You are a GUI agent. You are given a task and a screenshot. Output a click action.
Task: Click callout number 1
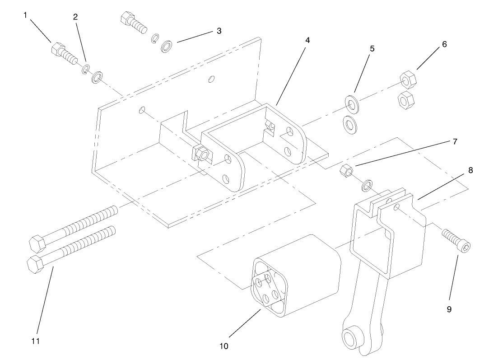coord(26,15)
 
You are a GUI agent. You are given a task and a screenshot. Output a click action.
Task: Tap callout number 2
coord(75,17)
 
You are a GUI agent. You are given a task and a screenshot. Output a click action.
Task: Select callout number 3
coord(219,31)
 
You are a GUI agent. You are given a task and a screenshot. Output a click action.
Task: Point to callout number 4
coord(307,40)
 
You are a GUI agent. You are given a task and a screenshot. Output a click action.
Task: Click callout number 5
coord(372,49)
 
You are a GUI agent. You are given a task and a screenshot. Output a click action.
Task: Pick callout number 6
coord(444,44)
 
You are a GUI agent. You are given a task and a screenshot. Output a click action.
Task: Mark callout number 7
coord(455,142)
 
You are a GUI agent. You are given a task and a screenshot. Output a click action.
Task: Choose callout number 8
coord(470,170)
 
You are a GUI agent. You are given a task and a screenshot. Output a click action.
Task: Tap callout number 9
coord(449,309)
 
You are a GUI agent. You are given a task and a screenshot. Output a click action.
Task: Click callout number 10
coord(224,346)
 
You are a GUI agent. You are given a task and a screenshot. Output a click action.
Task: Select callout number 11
coord(36,341)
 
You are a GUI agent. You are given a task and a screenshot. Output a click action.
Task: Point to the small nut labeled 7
coord(345,171)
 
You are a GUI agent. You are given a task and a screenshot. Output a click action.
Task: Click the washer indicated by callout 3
coord(168,46)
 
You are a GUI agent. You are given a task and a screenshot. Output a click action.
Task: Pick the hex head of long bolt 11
coord(35,263)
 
